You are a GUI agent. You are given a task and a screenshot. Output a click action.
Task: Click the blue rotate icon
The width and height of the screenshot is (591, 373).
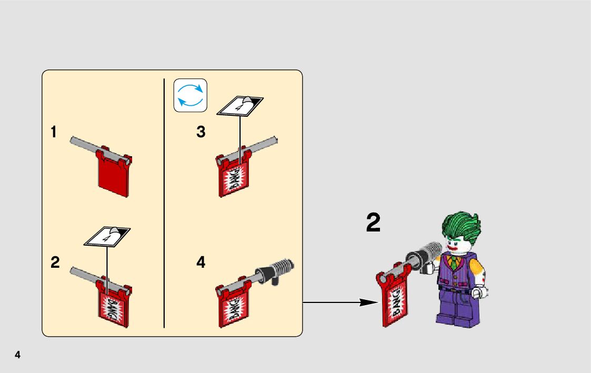click(x=191, y=95)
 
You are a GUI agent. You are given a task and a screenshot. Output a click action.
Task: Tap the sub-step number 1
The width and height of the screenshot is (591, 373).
click(x=54, y=132)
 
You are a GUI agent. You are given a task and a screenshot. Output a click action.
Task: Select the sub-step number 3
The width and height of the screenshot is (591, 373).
click(x=201, y=132)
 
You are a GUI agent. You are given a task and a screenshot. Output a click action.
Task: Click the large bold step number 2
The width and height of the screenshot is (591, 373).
click(x=373, y=224)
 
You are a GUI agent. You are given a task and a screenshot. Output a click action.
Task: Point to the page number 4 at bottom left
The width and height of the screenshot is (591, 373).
click(x=18, y=355)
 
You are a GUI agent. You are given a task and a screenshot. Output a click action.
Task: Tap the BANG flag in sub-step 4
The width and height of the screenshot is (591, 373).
click(x=233, y=308)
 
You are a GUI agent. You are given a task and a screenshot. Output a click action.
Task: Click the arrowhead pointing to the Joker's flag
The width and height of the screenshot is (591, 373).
click(x=370, y=303)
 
